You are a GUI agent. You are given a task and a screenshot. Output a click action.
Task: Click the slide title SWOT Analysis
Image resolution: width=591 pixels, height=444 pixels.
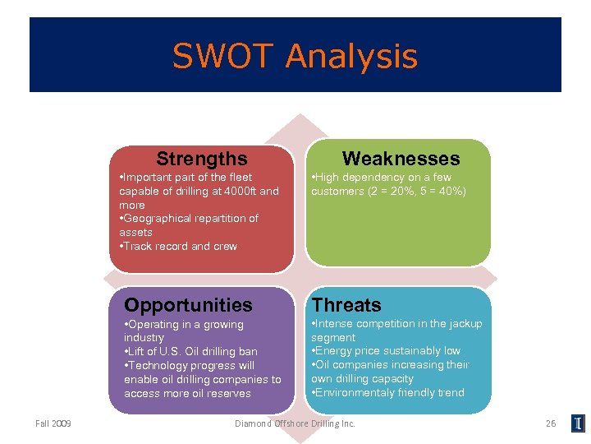coord(295,57)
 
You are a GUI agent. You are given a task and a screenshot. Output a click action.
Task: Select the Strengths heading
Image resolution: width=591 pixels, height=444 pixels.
coord(201,158)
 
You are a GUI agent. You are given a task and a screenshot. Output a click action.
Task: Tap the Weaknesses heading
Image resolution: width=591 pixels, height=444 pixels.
coord(401,158)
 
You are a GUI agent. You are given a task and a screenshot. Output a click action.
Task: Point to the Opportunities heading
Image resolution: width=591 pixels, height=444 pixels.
coord(188,305)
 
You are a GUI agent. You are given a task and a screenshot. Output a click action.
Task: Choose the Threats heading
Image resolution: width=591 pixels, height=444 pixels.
coord(346,305)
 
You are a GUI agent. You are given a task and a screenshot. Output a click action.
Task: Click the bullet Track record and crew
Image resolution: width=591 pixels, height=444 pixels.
coord(181,246)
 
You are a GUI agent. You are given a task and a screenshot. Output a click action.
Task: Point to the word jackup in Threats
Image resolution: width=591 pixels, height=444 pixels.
coord(464,324)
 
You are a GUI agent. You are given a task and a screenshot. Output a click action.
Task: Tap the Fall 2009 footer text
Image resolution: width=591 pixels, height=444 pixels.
coord(53,423)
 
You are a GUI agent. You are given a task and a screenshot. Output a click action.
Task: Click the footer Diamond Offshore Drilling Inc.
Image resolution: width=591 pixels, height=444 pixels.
coord(295,423)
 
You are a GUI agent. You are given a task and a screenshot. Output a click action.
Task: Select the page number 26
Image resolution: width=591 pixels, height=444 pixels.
coord(551,423)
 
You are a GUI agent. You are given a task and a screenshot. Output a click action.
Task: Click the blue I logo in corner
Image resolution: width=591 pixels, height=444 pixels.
coord(579,423)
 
